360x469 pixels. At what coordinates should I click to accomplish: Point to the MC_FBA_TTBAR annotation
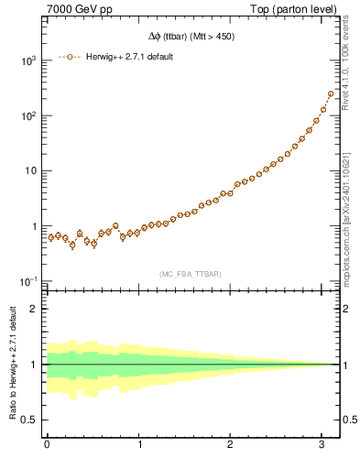click(x=191, y=272)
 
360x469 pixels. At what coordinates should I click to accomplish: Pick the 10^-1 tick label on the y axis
click(x=27, y=281)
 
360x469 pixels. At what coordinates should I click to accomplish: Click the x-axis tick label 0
click(x=47, y=444)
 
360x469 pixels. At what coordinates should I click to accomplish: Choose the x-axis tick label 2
click(x=231, y=444)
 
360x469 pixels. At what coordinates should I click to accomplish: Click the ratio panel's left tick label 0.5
click(x=30, y=420)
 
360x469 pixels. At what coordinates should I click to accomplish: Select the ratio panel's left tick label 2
click(x=35, y=309)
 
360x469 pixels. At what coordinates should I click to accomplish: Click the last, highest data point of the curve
click(x=331, y=93)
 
